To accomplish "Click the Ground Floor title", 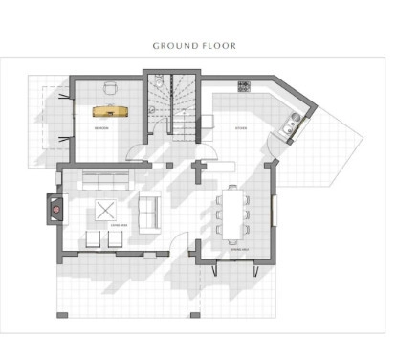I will [194, 45].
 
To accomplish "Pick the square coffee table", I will [104, 210].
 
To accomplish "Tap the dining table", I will [232, 213].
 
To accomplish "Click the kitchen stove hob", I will [243, 87].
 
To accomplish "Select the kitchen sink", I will [287, 124].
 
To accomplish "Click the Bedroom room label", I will [99, 126].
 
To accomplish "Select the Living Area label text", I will [119, 226].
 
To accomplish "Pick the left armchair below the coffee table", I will [94, 239].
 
